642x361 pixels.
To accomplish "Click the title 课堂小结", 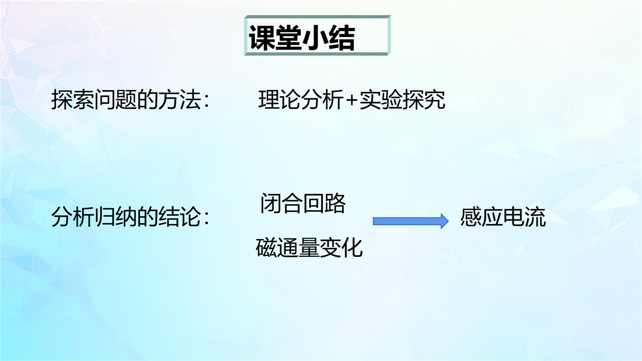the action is pyautogui.click(x=302, y=38).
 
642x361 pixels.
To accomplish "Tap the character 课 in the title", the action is pyautogui.click(x=262, y=38).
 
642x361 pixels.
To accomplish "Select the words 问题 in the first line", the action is pyautogui.click(x=115, y=100).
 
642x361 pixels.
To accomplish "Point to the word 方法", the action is pyautogui.click(x=179, y=100).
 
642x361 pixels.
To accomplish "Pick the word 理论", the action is pyautogui.click(x=279, y=100).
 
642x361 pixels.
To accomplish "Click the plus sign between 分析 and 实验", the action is pyautogui.click(x=351, y=101).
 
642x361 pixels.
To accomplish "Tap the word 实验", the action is pyautogui.click(x=381, y=100).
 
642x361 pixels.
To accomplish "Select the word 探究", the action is pyautogui.click(x=424, y=100).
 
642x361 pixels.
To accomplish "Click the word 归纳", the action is pyautogui.click(x=115, y=217).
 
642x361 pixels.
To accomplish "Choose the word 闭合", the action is pyautogui.click(x=281, y=203).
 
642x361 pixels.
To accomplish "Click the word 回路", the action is pyautogui.click(x=324, y=203).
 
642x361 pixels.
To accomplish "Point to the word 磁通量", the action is pyautogui.click(x=287, y=248).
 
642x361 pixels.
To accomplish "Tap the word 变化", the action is pyautogui.click(x=341, y=248).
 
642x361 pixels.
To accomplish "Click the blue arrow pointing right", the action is pyautogui.click(x=410, y=221).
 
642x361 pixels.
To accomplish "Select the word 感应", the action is pyautogui.click(x=481, y=217).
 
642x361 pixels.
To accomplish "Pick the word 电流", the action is pyautogui.click(x=525, y=217).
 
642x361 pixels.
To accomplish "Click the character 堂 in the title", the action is pyautogui.click(x=288, y=38).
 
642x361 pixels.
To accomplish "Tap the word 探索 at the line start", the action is pyautogui.click(x=73, y=100).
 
